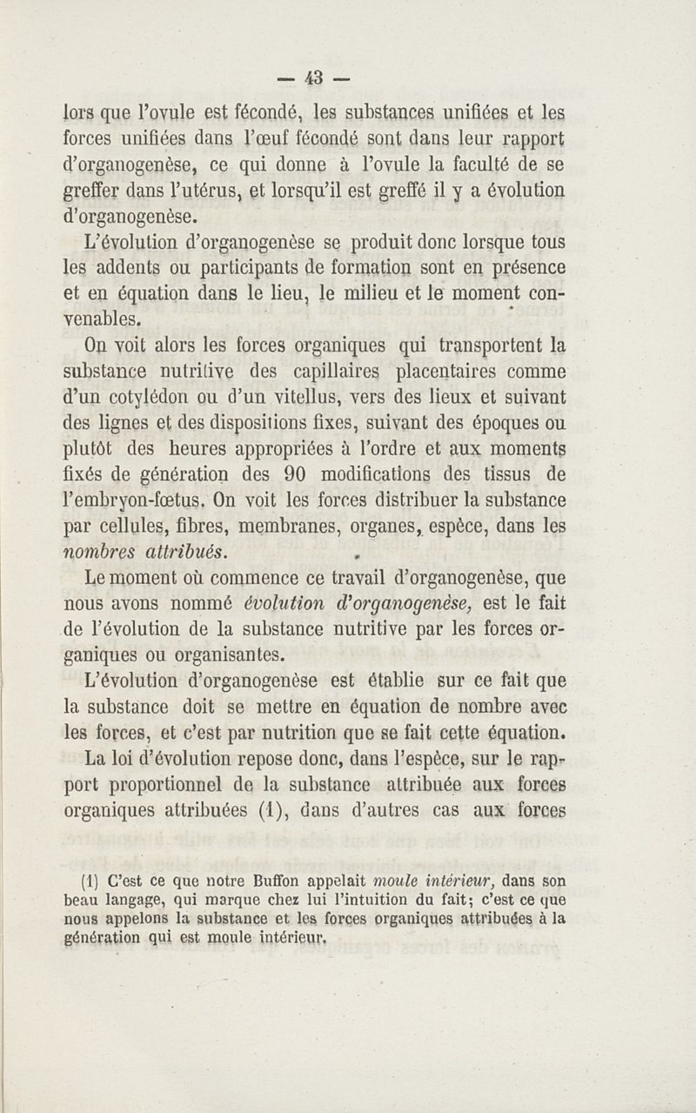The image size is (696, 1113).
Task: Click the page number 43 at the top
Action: point(314,77)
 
